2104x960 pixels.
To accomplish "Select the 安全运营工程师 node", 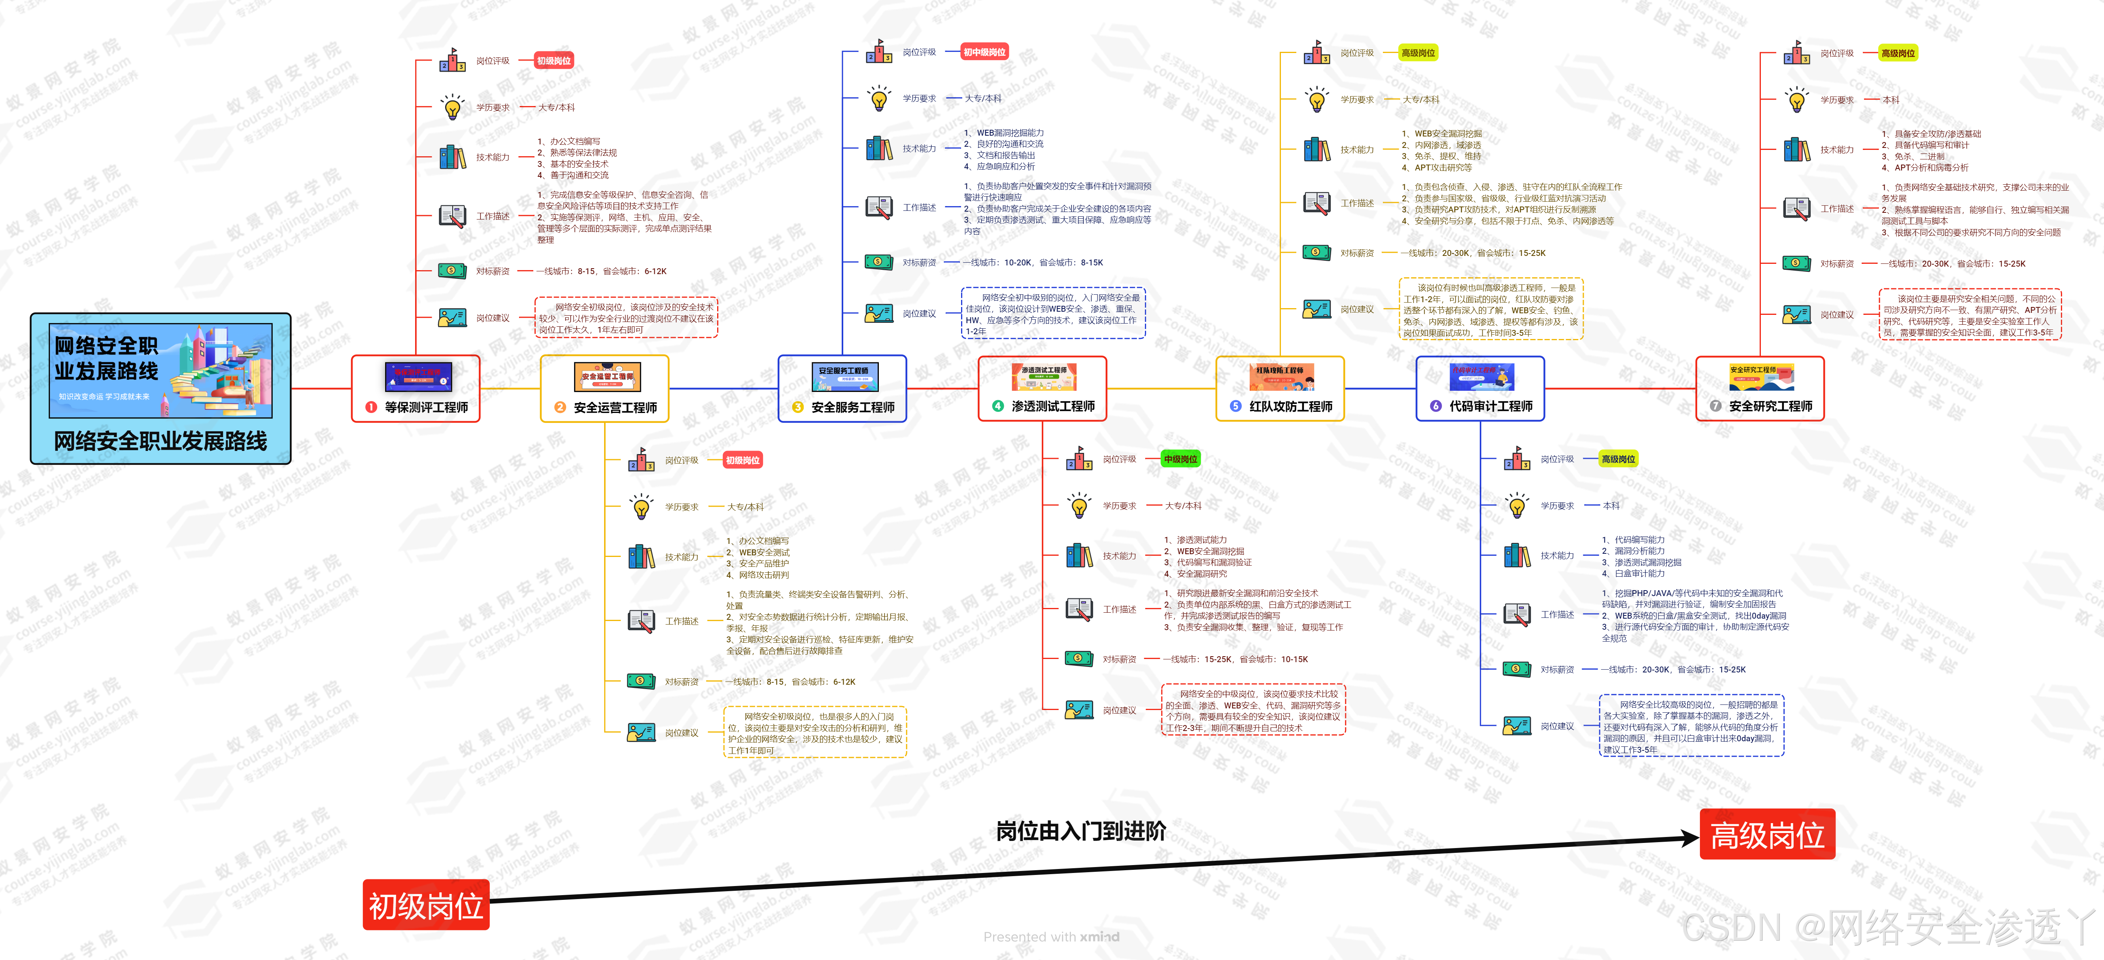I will point(604,389).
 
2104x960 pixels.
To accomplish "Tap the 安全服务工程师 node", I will point(842,389).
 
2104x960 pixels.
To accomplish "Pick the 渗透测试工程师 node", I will point(1042,389).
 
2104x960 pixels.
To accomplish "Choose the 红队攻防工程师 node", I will point(1280,389).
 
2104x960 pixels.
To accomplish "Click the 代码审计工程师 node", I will point(1480,389).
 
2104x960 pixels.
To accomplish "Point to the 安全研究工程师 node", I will point(1760,389).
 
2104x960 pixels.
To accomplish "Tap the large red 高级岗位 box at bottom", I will point(1767,834).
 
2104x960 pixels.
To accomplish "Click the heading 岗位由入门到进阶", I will point(1080,831).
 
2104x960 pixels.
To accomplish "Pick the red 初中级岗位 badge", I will point(984,52).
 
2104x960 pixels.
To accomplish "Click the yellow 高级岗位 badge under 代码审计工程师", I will point(1618,459).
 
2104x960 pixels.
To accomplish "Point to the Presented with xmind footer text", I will point(1051,936).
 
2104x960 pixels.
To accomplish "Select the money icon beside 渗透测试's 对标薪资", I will point(1078,659).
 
